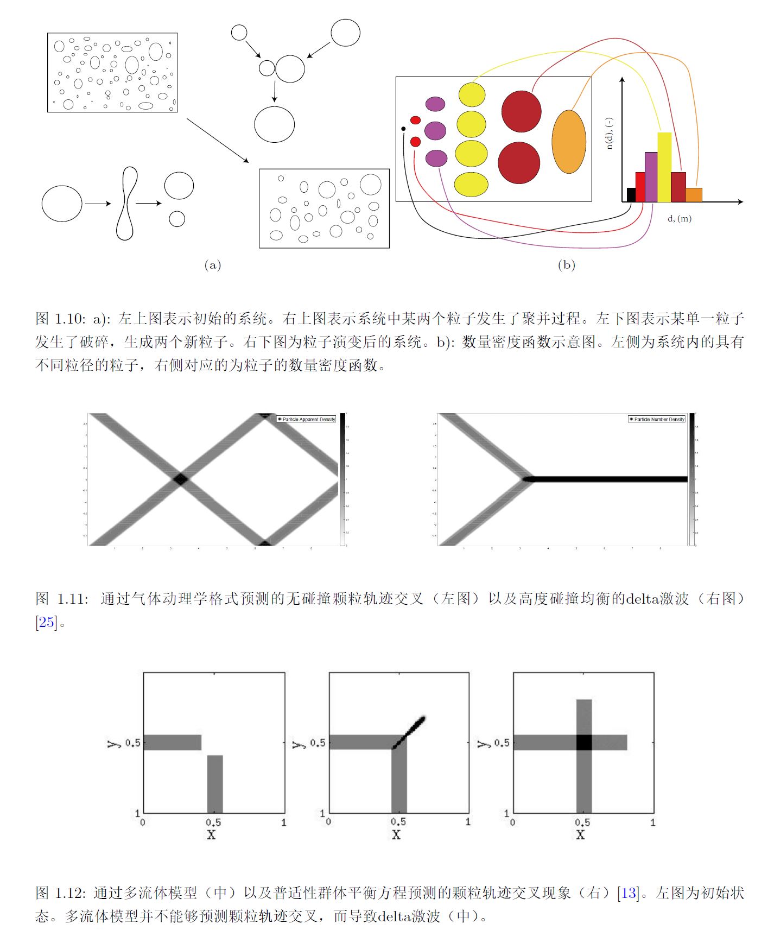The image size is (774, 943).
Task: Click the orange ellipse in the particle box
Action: [569, 142]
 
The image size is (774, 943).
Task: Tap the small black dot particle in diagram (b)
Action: [403, 129]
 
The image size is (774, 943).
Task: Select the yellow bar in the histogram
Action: [664, 167]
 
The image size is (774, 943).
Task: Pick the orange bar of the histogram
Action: [694, 195]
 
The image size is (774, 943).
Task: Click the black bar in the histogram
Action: [631, 195]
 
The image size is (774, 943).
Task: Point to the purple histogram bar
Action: [651, 177]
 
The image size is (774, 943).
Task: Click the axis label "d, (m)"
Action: [679, 219]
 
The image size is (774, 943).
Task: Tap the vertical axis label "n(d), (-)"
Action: [610, 134]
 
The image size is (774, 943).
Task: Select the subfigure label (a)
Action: [212, 265]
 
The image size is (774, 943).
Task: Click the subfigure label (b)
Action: [566, 265]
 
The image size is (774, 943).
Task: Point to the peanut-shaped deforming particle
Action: [126, 204]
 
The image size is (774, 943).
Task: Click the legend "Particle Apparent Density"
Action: [307, 419]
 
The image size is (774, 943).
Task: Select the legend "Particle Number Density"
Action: [657, 419]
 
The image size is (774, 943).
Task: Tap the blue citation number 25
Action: [47, 622]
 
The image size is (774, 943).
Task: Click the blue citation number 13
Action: [628, 893]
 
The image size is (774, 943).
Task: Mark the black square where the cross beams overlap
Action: [583, 742]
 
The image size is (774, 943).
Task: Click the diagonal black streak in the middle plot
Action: [410, 731]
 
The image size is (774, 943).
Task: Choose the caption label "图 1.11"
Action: [61, 599]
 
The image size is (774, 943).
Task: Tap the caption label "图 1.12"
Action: [61, 893]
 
